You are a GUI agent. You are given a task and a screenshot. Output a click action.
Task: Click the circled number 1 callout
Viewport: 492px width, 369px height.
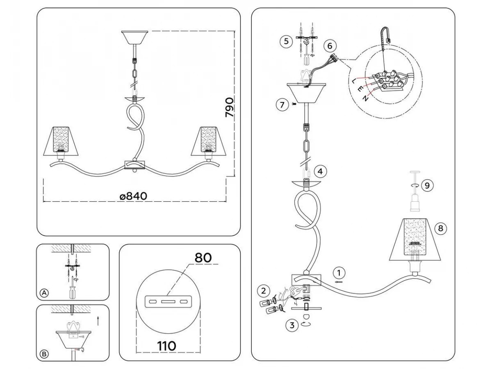point(339,273)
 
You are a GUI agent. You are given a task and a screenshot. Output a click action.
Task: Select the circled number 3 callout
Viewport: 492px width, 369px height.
point(292,326)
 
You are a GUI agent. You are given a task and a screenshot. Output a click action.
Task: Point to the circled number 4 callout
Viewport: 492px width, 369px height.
point(321,172)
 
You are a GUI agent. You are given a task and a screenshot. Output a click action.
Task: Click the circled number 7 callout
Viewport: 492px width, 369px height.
point(281,105)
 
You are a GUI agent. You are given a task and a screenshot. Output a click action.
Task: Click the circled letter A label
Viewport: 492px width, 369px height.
point(44,293)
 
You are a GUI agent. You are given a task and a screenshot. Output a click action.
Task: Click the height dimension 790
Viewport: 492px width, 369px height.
point(230,108)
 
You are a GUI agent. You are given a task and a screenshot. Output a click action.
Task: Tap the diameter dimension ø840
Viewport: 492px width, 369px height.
point(133,196)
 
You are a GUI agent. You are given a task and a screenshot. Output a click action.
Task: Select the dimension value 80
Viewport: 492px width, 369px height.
point(203,258)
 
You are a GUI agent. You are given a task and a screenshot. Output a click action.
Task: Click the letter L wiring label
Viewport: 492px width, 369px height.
point(354,81)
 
